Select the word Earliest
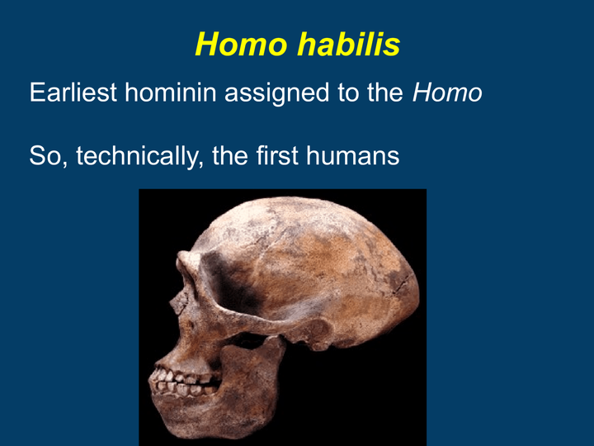(x=73, y=93)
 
